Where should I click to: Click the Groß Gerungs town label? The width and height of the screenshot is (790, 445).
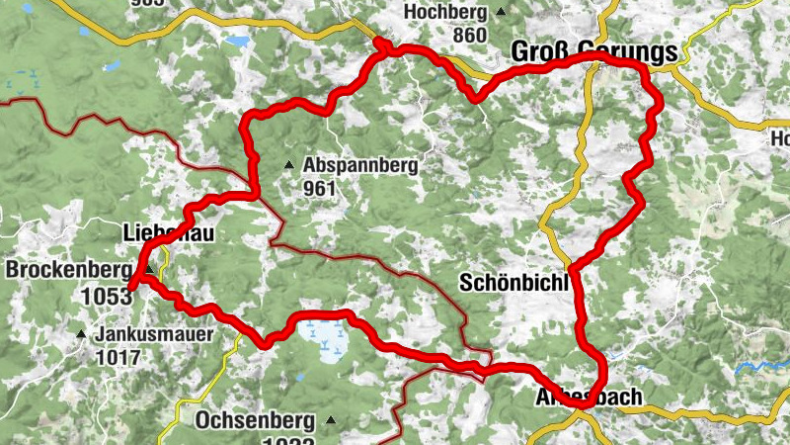[x=594, y=52]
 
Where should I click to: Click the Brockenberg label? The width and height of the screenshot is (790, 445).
[x=68, y=269]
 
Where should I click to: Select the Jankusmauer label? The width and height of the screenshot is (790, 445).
[x=154, y=334]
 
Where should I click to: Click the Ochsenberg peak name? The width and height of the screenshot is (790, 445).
[x=257, y=419]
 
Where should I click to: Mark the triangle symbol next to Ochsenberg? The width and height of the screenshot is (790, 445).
[x=331, y=420]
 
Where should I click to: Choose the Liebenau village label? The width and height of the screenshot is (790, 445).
[x=167, y=233]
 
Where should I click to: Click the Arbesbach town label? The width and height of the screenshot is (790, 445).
[x=589, y=397]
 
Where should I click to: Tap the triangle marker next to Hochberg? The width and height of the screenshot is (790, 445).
[x=501, y=12]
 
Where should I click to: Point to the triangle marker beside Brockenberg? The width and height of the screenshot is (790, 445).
[x=148, y=269]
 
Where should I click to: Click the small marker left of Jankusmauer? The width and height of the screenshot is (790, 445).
[x=83, y=334]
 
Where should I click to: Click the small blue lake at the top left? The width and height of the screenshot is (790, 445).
[x=237, y=44]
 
